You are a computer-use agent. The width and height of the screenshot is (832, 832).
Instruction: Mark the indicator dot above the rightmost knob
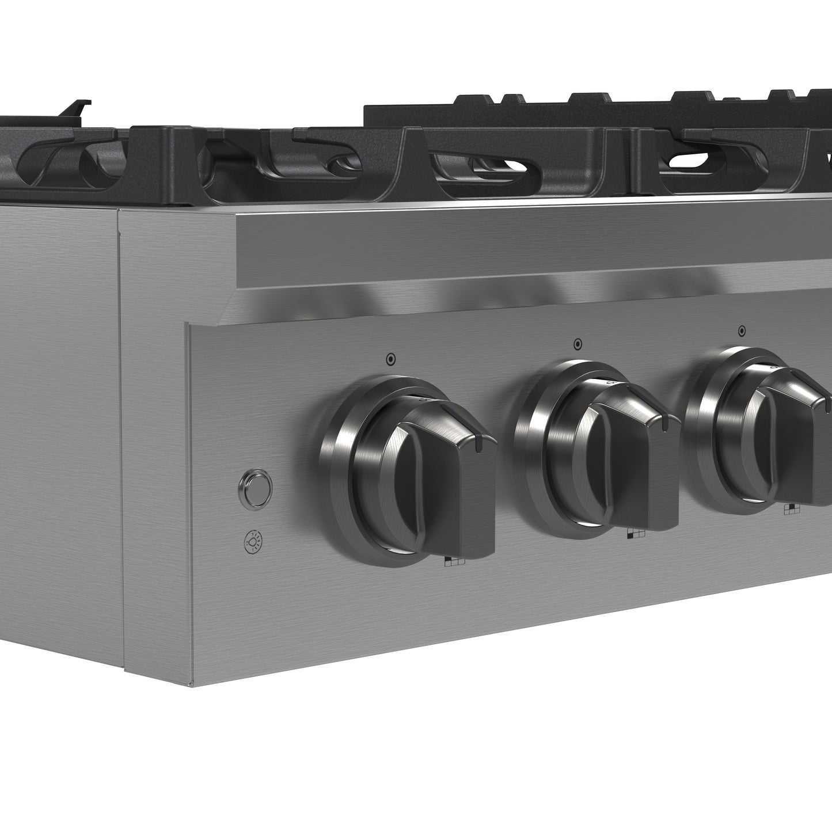(x=742, y=331)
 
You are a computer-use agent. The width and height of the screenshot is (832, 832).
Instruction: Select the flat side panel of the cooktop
(x=58, y=432)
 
